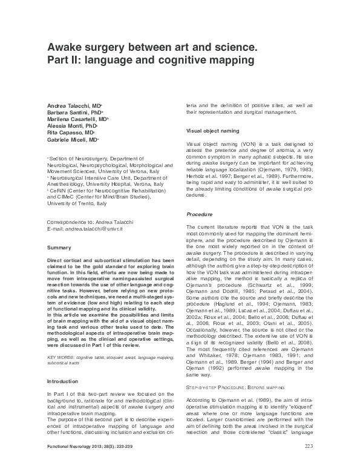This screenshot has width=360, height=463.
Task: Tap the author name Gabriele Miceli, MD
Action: pyautogui.click(x=72, y=139)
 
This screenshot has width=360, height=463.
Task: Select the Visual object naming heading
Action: pyautogui.click(x=212, y=131)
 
